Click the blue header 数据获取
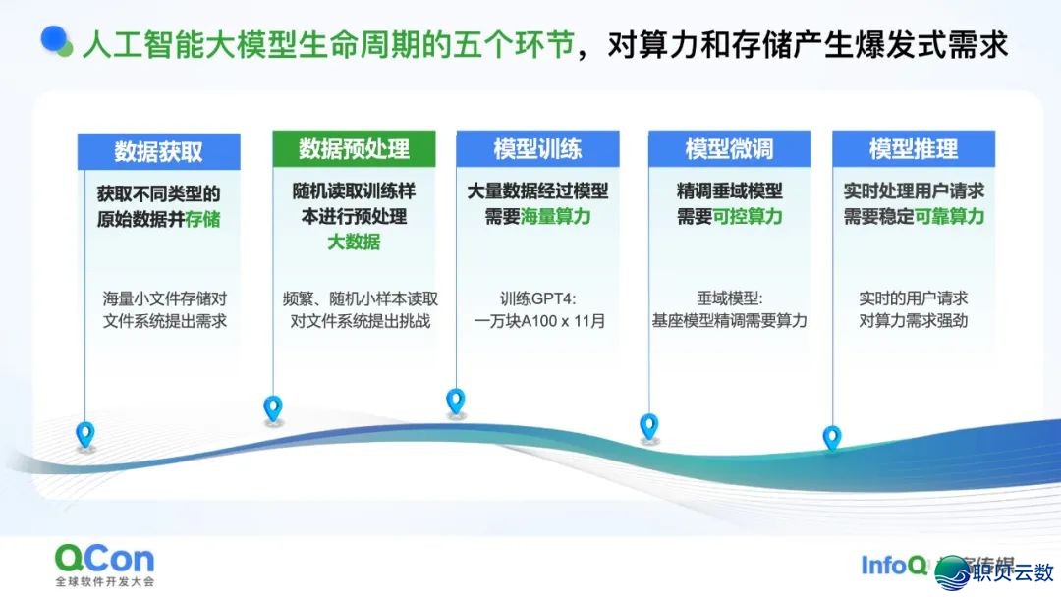tap(158, 151)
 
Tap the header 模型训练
tap(537, 149)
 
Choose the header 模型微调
tap(729, 149)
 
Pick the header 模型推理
tap(913, 149)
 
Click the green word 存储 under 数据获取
tap(203, 218)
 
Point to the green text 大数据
tap(354, 242)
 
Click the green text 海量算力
tap(556, 217)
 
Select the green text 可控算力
tap(749, 217)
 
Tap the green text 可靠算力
tap(949, 217)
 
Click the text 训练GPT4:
tap(537, 298)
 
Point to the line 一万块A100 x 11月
tap(537, 321)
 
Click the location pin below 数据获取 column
tap(86, 433)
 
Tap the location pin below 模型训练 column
tap(455, 401)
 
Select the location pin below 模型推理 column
tap(832, 438)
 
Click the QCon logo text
tap(104, 559)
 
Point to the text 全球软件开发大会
tap(104, 581)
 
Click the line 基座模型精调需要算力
tap(729, 321)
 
